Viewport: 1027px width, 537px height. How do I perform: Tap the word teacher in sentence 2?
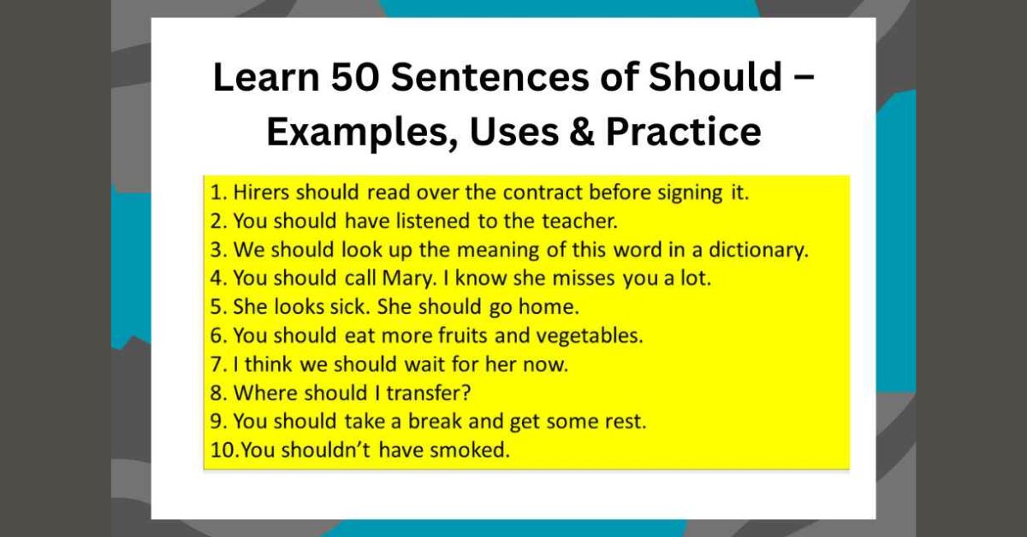582,221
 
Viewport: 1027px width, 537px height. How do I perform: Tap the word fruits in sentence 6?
478,336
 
